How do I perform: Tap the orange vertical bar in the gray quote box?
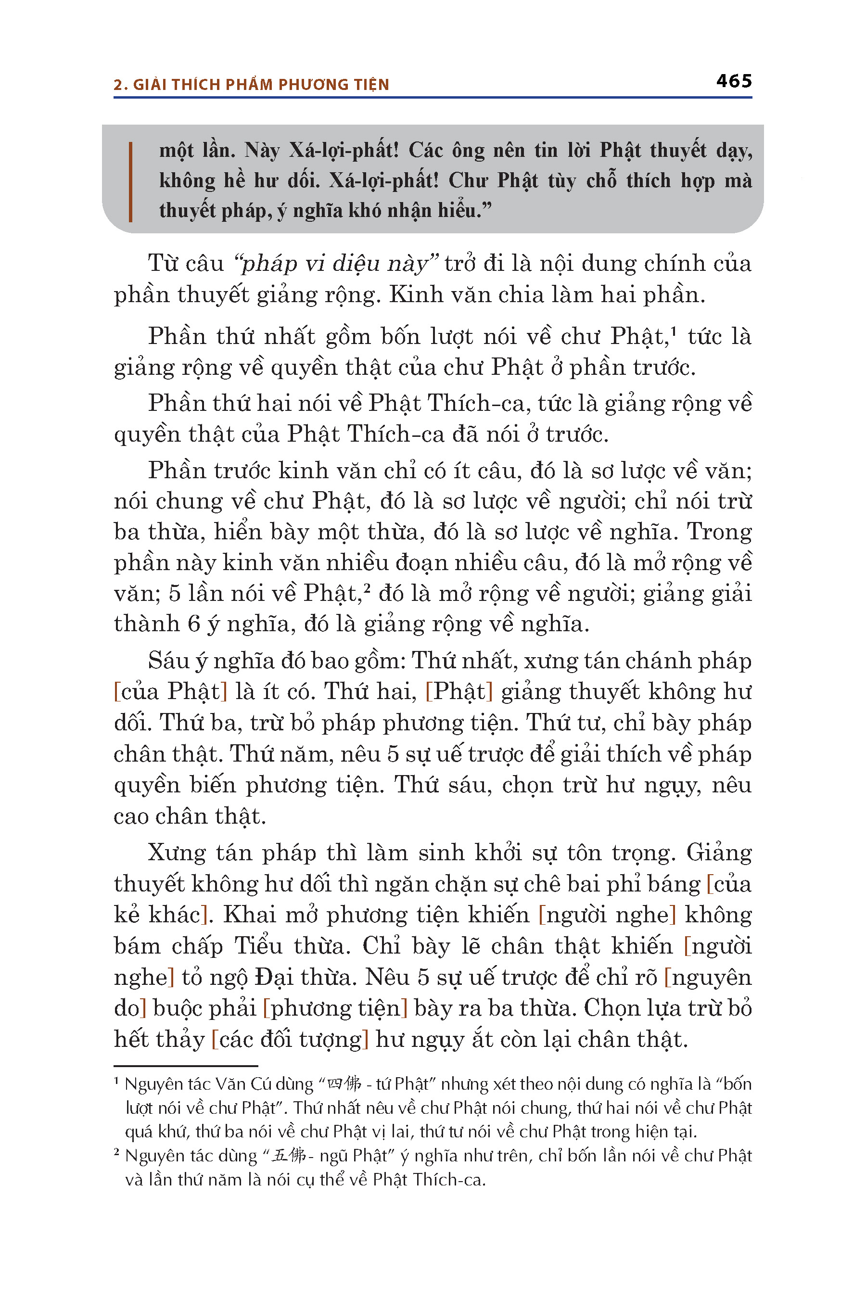pos(130,182)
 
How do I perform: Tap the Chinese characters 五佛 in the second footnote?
pos(289,1156)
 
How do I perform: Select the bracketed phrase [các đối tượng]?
pos(290,1040)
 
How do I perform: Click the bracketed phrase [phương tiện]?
pos(335,1008)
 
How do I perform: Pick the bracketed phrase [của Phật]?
pos(171,691)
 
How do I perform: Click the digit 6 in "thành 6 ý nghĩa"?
pos(193,624)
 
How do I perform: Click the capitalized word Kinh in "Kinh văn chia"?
pos(410,295)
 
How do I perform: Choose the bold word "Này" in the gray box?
pos(262,150)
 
